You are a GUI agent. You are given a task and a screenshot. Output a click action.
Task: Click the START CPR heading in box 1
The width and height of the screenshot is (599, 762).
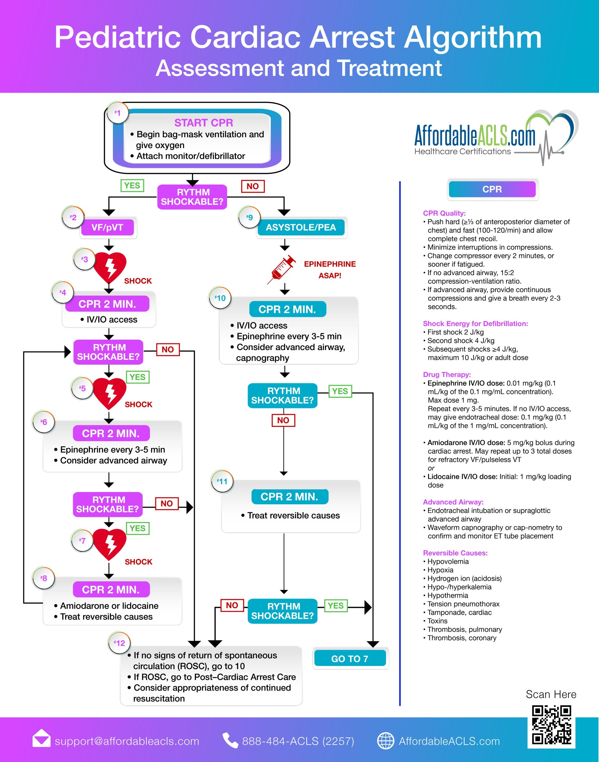[203, 123]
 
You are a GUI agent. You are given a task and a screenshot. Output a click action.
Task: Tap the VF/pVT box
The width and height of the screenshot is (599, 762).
[107, 227]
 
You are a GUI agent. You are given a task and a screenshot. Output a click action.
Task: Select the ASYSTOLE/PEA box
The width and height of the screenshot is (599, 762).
[301, 227]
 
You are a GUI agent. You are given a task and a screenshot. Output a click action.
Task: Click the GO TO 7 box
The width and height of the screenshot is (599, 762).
[350, 659]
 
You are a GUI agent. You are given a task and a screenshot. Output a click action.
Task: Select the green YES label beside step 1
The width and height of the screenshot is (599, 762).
[132, 185]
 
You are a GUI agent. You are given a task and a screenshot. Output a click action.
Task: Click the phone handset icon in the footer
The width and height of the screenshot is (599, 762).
[231, 740]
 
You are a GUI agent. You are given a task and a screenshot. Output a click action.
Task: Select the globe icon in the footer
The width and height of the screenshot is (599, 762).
[385, 741]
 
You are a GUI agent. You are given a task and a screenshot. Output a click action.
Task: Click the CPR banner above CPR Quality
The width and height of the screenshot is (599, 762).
[492, 189]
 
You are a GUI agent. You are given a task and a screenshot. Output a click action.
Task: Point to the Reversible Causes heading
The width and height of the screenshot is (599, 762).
[455, 553]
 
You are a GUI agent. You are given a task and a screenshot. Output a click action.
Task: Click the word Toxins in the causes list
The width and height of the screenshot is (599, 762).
[437, 621]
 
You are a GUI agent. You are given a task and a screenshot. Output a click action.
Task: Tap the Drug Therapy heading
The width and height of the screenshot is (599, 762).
[447, 374]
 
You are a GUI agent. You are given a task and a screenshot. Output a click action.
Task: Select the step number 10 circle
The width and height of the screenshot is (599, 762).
[220, 298]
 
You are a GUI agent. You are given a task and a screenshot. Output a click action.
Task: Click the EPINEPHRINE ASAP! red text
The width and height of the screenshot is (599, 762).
[330, 270]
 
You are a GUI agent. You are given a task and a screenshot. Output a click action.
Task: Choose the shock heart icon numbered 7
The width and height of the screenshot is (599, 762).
[109, 544]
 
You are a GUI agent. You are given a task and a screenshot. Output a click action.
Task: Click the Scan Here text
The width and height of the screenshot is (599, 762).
[551, 694]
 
